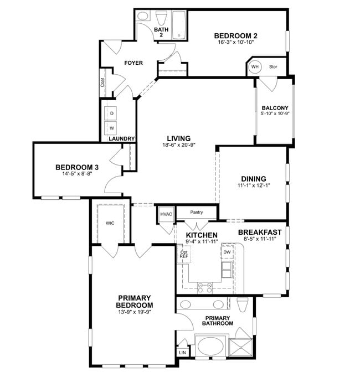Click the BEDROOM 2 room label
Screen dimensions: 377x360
coord(236,36)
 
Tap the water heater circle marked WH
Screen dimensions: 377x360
coord(255,67)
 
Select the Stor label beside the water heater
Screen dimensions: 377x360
coord(273,67)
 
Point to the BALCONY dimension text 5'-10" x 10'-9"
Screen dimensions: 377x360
coord(275,114)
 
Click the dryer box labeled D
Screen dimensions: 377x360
coord(111,113)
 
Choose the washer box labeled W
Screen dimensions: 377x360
coord(111,128)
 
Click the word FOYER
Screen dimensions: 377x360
coord(133,63)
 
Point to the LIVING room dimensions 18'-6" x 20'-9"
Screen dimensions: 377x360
coord(179,145)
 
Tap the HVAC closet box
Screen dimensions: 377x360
coord(166,214)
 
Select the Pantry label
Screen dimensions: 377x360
coord(196,212)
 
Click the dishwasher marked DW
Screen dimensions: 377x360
coord(227,252)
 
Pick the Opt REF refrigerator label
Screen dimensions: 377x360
coord(183,254)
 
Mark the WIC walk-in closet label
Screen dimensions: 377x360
coord(110,223)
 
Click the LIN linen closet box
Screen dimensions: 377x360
coord(182,352)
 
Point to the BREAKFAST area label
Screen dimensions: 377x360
coord(260,232)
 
